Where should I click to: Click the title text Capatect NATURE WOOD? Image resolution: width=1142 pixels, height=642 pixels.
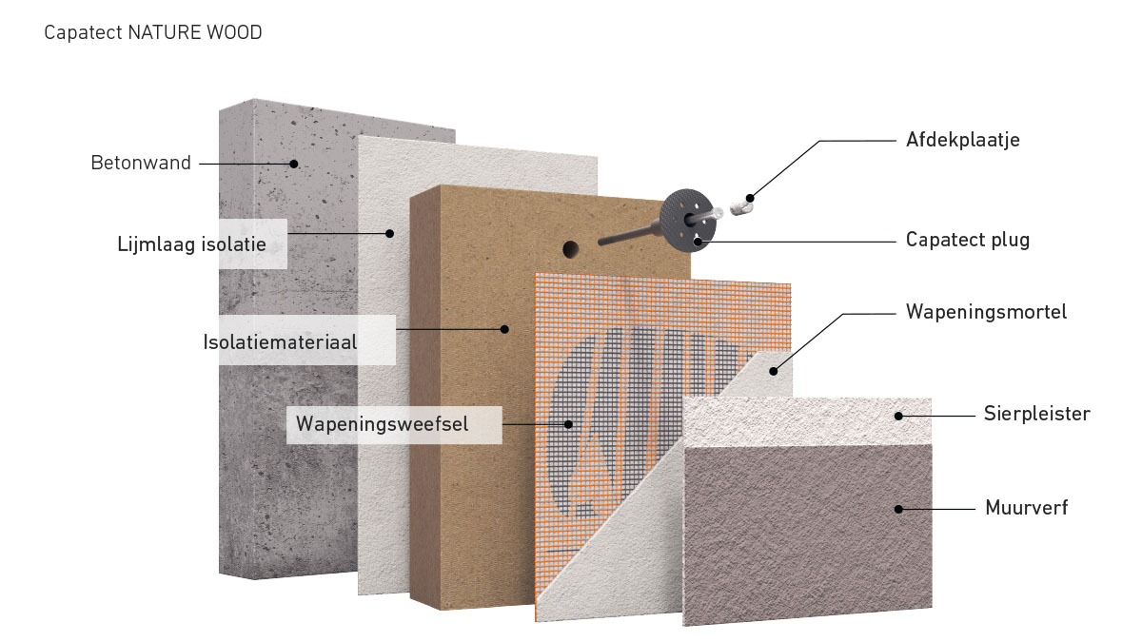152,33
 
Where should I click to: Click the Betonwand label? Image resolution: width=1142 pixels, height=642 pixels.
141,163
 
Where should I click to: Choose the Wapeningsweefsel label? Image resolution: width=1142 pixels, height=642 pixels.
382,423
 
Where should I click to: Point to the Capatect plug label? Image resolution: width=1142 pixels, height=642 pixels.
967,240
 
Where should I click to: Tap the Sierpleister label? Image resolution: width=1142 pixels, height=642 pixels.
1036,414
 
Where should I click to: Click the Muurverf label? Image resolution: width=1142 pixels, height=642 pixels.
1027,508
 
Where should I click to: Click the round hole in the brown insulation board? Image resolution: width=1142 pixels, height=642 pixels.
571,249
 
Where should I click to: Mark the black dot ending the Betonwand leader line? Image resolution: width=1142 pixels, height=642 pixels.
295,164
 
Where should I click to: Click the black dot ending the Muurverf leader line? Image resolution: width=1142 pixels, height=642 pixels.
897,509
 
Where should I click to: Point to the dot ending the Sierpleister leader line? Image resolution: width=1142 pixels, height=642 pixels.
897,415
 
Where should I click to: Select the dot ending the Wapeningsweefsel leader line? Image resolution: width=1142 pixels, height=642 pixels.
569,424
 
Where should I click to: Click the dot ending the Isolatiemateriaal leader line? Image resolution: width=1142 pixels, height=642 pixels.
505,330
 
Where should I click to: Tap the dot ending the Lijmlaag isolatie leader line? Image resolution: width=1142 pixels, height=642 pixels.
389,233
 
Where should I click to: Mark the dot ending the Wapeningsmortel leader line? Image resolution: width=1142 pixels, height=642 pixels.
773,371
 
